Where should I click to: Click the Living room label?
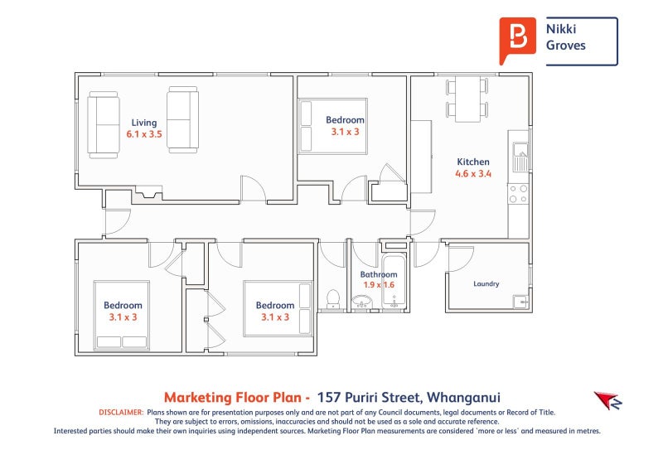tap(144, 122)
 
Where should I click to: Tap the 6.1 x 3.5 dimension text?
tap(144, 133)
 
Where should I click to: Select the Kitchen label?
tap(473, 162)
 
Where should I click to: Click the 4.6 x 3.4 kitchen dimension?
tap(473, 174)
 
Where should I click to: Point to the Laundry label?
tap(486, 284)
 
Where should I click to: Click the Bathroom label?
tap(378, 274)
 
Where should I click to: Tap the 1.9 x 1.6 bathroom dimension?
tap(378, 285)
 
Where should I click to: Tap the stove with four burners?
tap(519, 195)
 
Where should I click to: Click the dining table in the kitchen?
tap(467, 99)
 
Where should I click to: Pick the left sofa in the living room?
tap(104, 125)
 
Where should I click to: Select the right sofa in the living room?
tap(182, 119)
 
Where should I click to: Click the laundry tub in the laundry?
tap(520, 302)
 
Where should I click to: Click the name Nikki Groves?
tap(565, 37)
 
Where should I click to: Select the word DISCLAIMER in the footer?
tap(121, 412)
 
